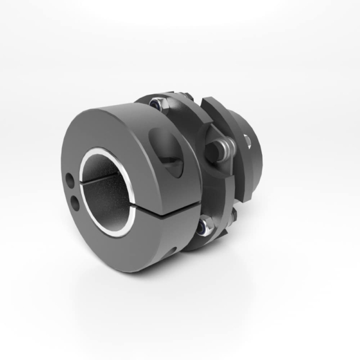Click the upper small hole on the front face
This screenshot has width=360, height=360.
click(x=71, y=179)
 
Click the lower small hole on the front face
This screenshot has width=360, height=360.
click(x=76, y=203)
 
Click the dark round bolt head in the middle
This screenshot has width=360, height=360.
click(x=214, y=150)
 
